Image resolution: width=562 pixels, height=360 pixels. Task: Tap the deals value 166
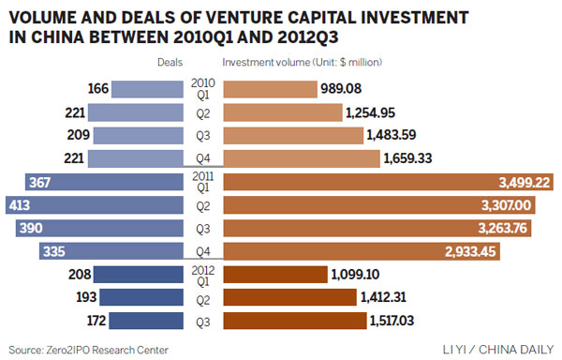96,90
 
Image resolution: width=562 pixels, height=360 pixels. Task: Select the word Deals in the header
170,63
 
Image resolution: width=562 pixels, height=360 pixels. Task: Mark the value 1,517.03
394,322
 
